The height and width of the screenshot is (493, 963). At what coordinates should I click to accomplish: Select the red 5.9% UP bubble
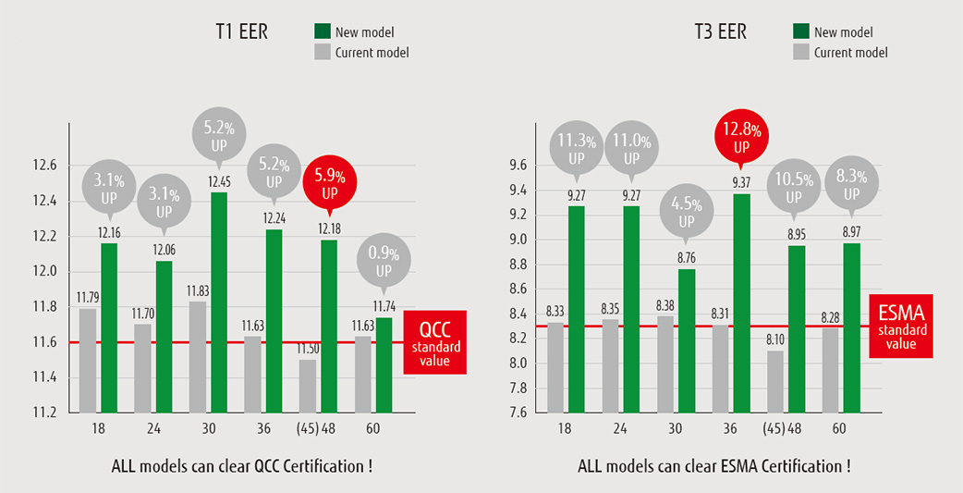pyautogui.click(x=330, y=181)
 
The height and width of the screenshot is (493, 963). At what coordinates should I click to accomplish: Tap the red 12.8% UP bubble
pyautogui.click(x=741, y=135)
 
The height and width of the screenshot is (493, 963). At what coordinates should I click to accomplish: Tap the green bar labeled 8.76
pyautogui.click(x=686, y=339)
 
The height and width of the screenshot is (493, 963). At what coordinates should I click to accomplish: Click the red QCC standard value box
pyautogui.click(x=434, y=342)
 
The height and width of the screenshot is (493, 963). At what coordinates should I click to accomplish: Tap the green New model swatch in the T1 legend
pyautogui.click(x=323, y=32)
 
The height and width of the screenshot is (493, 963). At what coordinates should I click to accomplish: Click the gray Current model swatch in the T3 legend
pyautogui.click(x=801, y=53)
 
